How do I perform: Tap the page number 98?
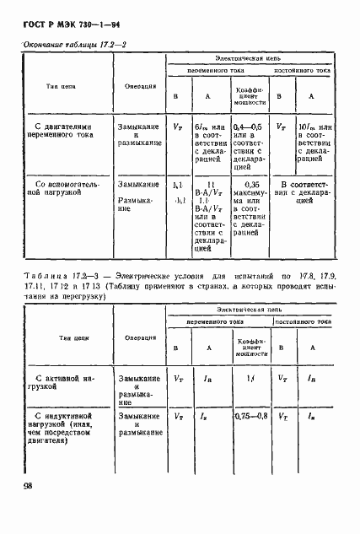click(29, 485)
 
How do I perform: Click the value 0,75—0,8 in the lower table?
click(250, 416)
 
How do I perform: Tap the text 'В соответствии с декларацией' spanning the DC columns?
click(302, 188)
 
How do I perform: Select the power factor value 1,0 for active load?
click(250, 380)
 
